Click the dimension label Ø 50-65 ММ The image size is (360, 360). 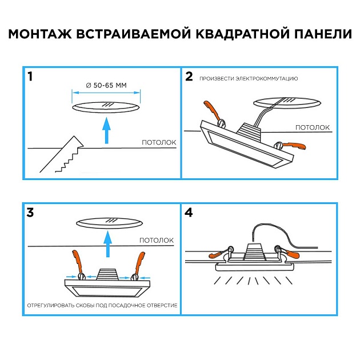click(106, 85)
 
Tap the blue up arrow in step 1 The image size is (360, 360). click(106, 130)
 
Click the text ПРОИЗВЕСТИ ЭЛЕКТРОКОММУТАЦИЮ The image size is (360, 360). click(249, 78)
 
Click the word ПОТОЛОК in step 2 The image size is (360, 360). click(313, 127)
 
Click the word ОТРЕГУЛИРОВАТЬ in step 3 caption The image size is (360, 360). click(51, 306)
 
